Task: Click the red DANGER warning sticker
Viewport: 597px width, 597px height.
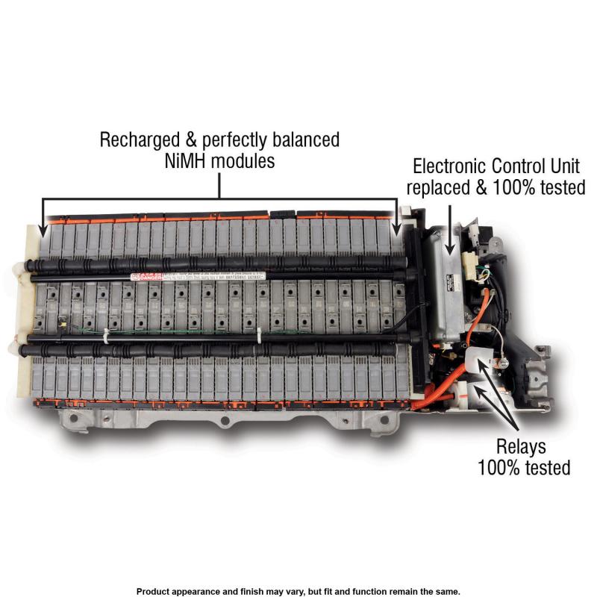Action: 145,277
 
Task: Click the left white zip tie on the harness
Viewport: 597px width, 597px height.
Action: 107,337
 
